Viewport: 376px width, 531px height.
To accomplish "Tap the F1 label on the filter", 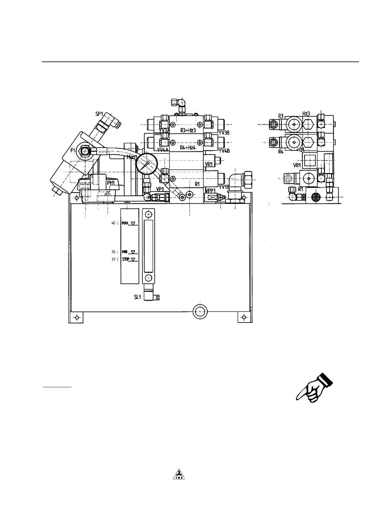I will click(73, 150).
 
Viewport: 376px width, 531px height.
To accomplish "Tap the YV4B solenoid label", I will click(224, 151).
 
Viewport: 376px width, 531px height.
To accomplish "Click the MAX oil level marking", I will click(125, 223).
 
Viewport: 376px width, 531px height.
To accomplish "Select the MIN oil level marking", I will click(125, 252).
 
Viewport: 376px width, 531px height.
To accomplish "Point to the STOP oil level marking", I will click(126, 259).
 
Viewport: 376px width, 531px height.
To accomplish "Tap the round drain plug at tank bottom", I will click(200, 311).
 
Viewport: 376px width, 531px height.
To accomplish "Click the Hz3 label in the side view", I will click(306, 114).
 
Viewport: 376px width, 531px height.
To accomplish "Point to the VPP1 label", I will click(210, 191).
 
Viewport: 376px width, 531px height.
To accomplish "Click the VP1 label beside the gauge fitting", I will click(160, 189).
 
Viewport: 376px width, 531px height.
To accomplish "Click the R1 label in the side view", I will click(301, 189).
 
